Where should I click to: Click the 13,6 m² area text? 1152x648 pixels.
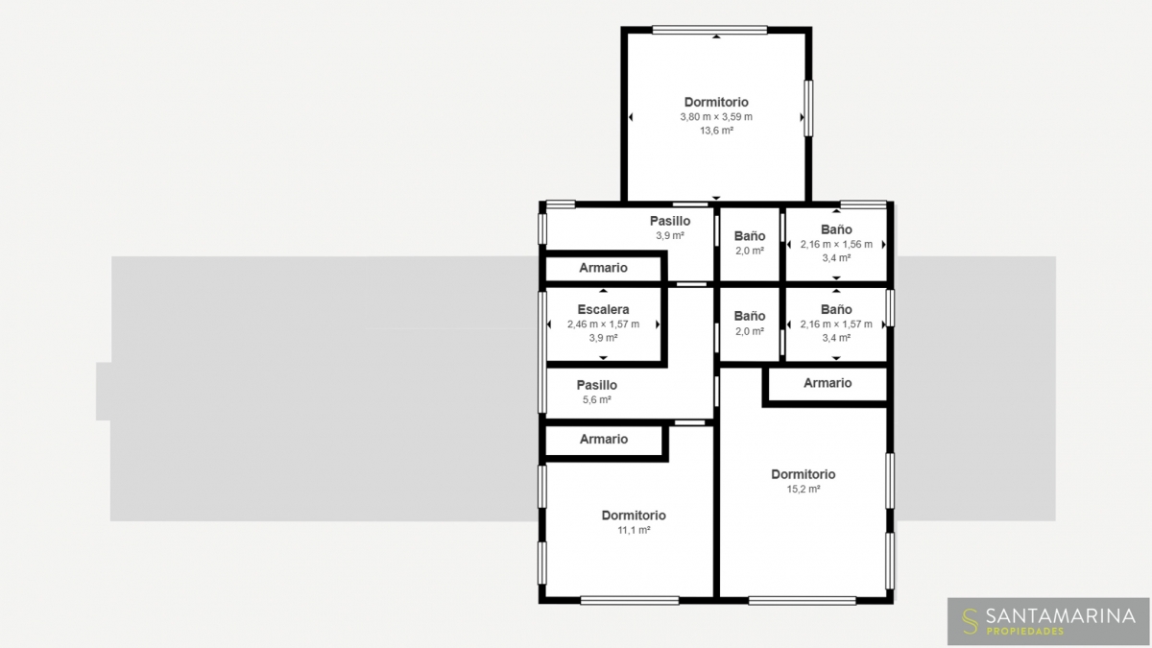coord(716,131)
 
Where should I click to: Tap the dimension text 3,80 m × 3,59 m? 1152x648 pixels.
coord(716,117)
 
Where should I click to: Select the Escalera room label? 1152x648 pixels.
coord(603,309)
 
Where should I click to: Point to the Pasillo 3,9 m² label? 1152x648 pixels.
coord(670,228)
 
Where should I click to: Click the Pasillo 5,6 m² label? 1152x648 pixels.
coord(596,392)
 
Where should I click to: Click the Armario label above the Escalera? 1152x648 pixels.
coord(603,268)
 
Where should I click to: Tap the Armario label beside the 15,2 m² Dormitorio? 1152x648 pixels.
coord(828,383)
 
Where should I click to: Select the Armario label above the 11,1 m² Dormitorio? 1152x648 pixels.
coord(604,439)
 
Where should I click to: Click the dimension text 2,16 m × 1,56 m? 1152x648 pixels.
coord(836,244)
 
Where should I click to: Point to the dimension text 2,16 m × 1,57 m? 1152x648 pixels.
coord(836,324)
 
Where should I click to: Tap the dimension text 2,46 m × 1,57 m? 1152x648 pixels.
coord(603,324)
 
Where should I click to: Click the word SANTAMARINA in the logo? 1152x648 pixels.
coord(1061,615)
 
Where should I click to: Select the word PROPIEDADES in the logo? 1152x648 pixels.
coord(1025,632)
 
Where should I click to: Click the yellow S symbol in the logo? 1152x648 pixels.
coord(970,622)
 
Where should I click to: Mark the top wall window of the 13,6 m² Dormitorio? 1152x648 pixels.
coord(709,30)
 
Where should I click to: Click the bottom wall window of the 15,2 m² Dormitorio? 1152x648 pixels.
coord(802,600)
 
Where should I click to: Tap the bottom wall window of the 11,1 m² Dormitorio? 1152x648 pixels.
coord(630,600)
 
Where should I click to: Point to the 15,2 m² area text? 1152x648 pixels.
coord(804,489)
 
